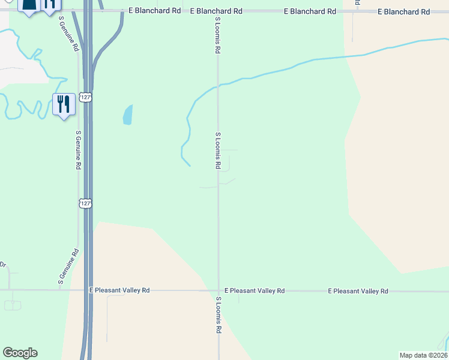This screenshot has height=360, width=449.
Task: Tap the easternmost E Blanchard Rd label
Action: (x=404, y=12)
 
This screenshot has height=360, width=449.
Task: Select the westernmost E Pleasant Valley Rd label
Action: (x=119, y=290)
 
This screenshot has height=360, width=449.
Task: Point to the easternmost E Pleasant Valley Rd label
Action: (x=358, y=291)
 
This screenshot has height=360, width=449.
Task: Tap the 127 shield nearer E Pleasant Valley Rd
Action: (x=86, y=204)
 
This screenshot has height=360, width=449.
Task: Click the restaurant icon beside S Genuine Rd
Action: (x=63, y=104)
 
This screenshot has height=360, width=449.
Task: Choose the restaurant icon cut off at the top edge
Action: (x=49, y=5)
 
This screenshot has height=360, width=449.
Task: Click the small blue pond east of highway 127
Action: (x=127, y=115)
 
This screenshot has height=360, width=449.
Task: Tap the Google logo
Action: (x=20, y=353)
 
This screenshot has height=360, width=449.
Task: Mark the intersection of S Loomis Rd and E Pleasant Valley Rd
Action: (x=218, y=290)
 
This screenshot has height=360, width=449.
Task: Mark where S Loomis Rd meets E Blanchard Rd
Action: (x=218, y=11)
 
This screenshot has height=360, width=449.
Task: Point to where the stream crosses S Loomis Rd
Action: (x=218, y=85)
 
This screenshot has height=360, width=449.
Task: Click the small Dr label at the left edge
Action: (x=3, y=265)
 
